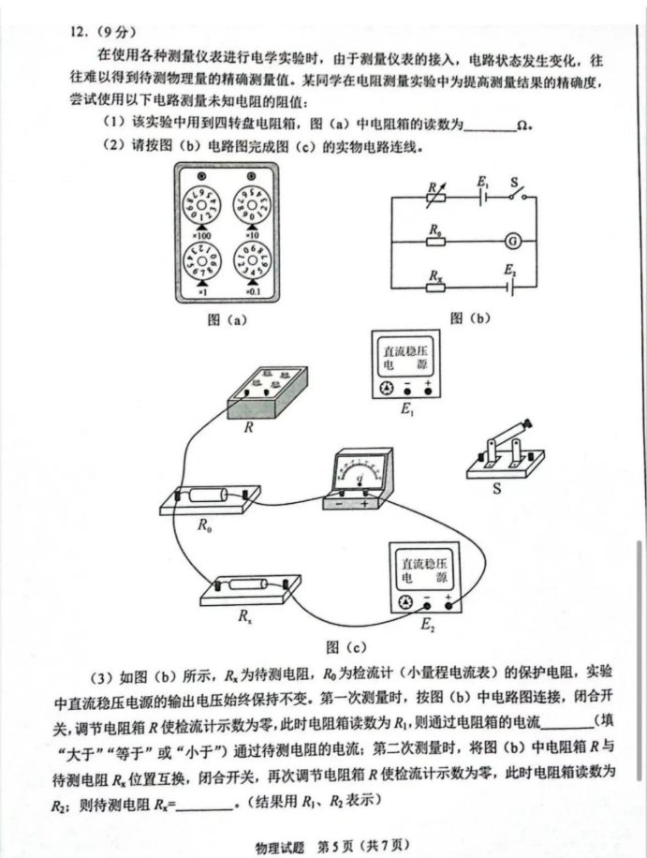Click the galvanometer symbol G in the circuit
click(512, 240)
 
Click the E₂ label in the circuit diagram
click(510, 270)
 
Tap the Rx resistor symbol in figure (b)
click(435, 288)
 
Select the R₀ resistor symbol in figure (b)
click(435, 240)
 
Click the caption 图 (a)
click(226, 318)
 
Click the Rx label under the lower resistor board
click(245, 616)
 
